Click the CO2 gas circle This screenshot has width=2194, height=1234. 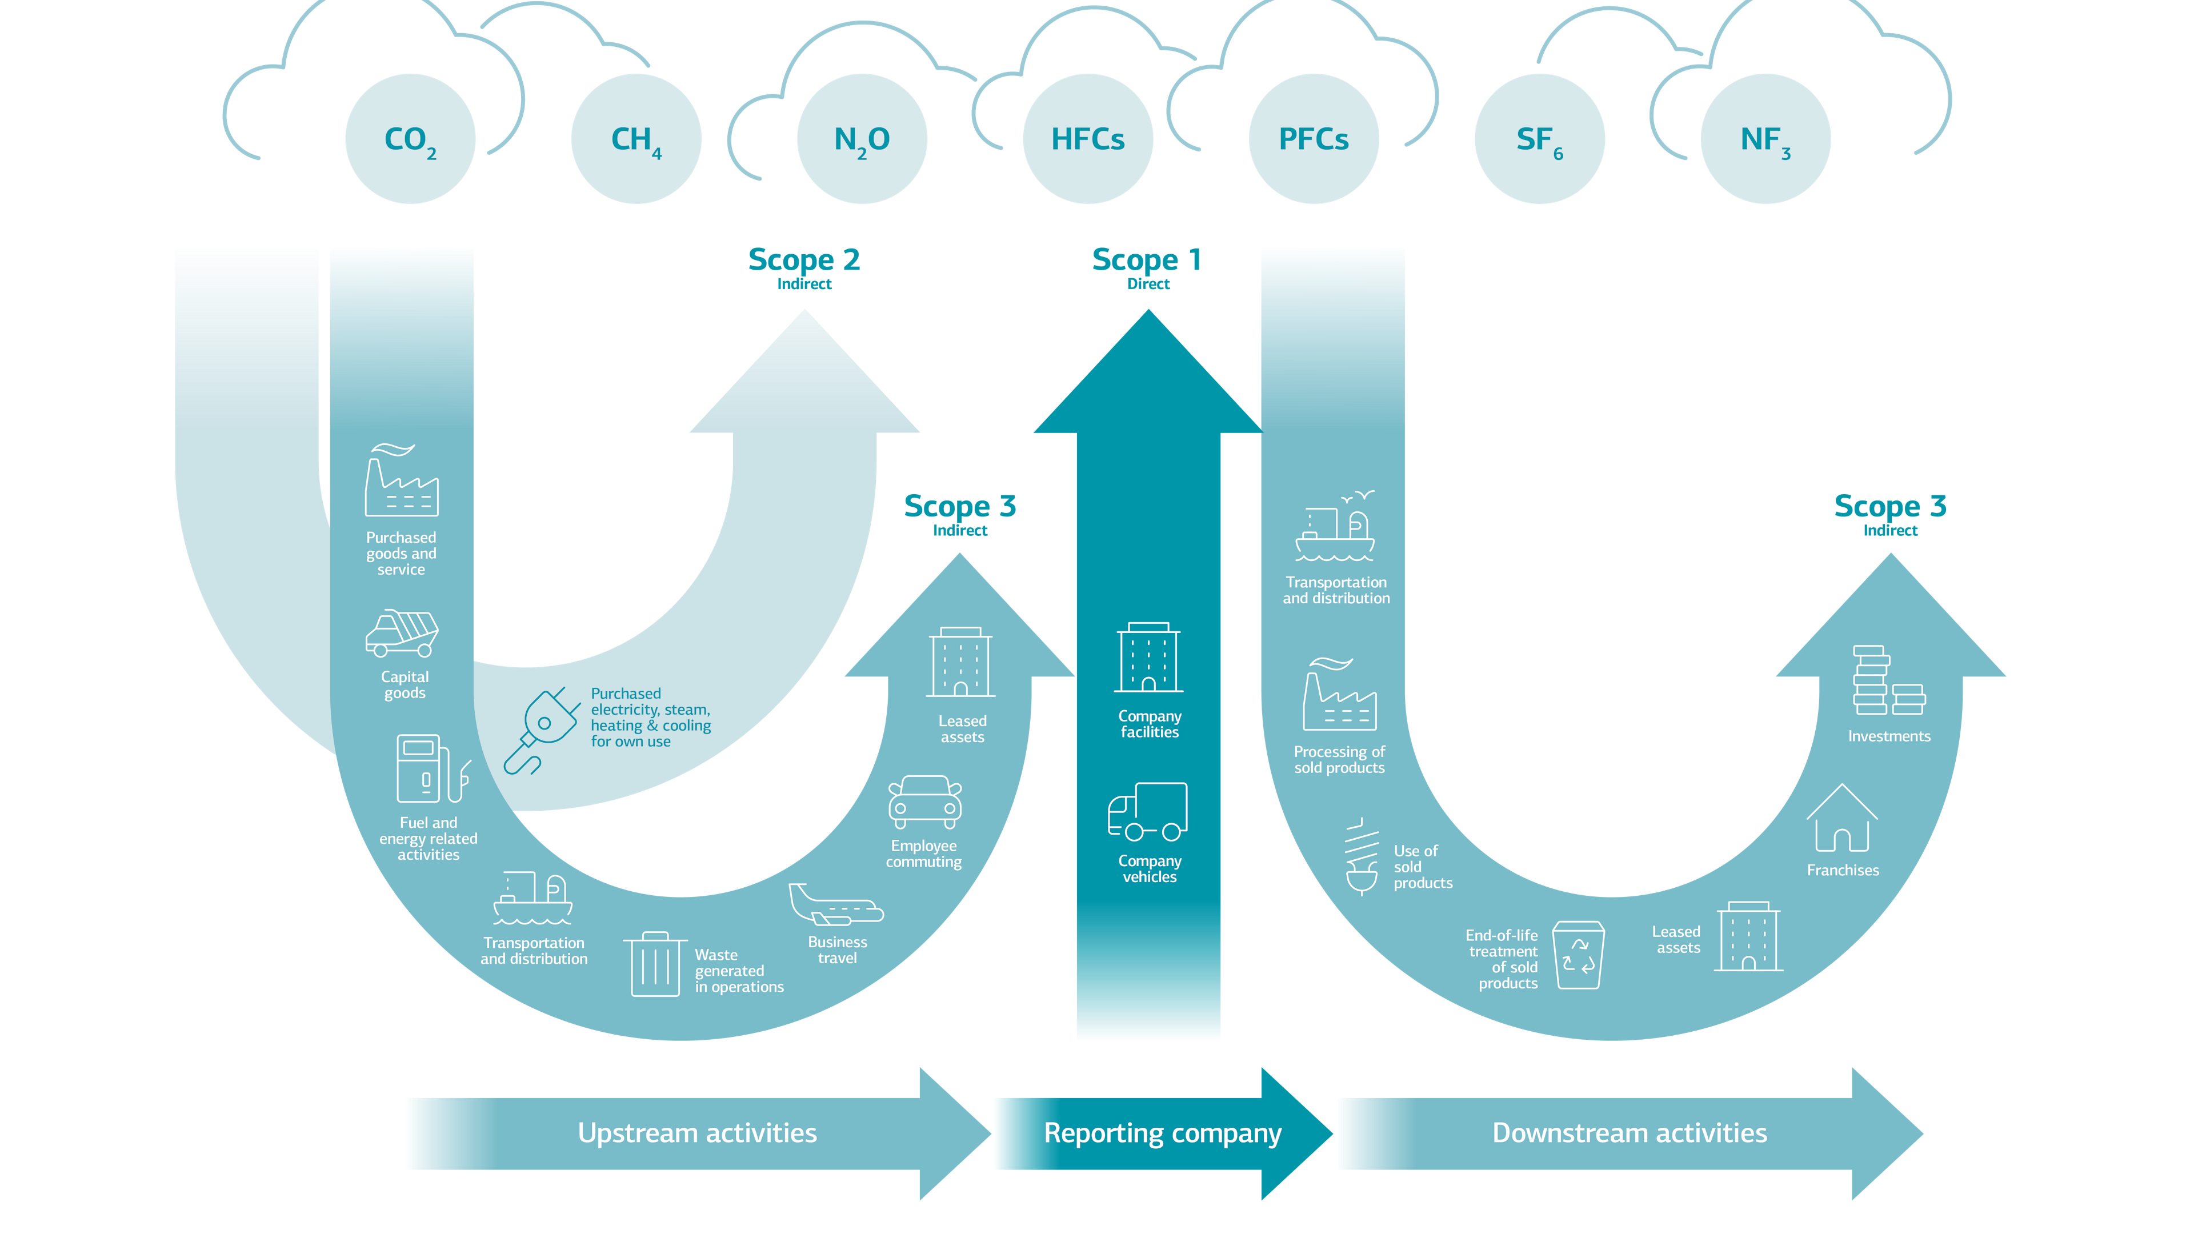coord(410,139)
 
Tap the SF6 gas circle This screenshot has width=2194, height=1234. coord(1539,139)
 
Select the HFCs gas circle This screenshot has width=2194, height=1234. coord(1088,139)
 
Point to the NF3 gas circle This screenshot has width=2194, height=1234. coord(1765,139)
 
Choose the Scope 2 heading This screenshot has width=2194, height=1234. coord(804,260)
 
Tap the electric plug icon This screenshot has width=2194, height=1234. coord(539,730)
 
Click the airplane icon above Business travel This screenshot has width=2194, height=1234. coord(835,906)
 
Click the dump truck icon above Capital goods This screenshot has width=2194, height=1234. coord(402,633)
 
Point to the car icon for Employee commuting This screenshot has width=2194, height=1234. coord(925,802)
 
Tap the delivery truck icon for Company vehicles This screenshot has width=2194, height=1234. coord(1147,812)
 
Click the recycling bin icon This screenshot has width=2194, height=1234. coord(1578,955)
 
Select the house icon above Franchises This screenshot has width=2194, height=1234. coord(1841,819)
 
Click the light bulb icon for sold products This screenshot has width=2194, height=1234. coord(1361,858)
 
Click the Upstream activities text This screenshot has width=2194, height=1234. coord(696,1133)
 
